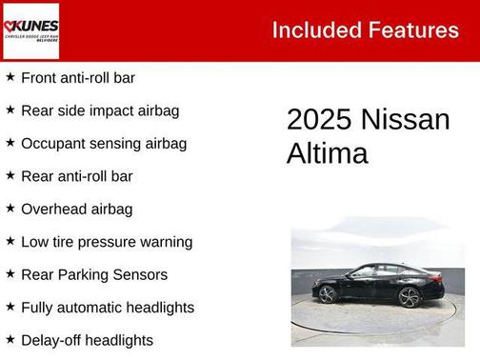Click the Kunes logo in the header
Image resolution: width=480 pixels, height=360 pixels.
[30, 30]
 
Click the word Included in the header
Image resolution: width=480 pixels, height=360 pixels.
[311, 30]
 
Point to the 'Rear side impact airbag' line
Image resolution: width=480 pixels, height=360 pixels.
[99, 110]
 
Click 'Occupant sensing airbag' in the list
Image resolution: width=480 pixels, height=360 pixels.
[103, 144]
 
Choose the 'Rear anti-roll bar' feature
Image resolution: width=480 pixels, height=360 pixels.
[76, 176]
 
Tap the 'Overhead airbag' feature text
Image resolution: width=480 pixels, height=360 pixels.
[76, 210]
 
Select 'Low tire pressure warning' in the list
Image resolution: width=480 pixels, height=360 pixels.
[106, 242]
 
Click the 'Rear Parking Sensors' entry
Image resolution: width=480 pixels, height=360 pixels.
[93, 274]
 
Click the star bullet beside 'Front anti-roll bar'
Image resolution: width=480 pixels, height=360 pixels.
[10, 77]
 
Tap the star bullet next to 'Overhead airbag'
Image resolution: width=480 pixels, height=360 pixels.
[10, 209]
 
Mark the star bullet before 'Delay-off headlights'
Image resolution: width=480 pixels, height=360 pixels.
[10, 339]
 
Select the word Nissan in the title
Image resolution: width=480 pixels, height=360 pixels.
[405, 120]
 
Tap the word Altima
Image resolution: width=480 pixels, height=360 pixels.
[327, 153]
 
